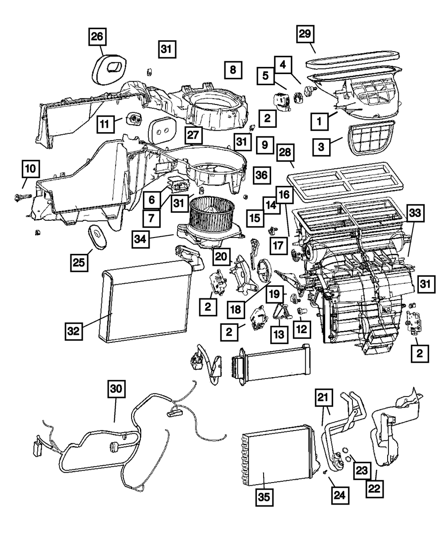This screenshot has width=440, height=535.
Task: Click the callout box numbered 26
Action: (97, 37)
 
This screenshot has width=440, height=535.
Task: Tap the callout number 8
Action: (233, 70)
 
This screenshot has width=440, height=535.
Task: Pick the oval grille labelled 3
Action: (372, 139)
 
